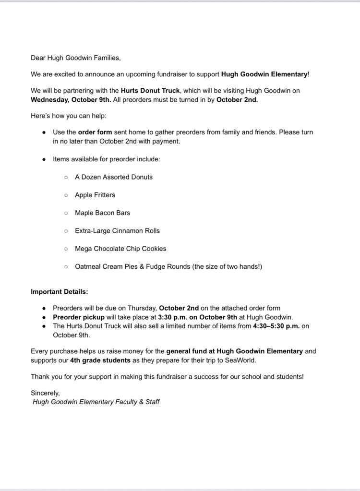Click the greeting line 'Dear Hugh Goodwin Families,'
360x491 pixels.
76,58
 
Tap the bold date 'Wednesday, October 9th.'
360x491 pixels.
71,100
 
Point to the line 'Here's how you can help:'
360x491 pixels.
69,116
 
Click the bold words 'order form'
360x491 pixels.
95,132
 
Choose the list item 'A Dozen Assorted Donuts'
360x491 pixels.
114,177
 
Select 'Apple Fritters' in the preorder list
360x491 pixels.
95,195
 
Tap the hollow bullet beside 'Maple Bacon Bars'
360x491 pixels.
66,213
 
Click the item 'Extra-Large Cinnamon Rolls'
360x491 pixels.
117,230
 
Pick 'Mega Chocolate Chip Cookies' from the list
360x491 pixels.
120,249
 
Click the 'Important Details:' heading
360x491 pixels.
60,291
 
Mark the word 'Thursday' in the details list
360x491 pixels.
143,308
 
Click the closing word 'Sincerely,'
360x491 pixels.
45,393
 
